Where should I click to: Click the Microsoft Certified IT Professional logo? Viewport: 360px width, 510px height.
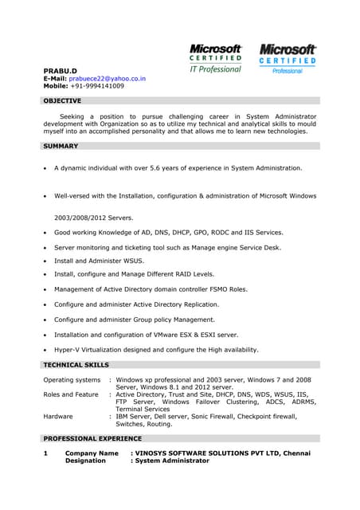point(216,58)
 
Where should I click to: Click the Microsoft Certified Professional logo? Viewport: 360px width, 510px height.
point(287,59)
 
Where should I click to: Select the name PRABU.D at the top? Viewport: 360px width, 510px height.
point(60,71)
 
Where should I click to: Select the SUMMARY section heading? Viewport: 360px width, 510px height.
point(61,147)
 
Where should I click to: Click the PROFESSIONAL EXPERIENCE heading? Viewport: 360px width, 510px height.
point(92,438)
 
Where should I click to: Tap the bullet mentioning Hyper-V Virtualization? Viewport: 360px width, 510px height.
point(156,349)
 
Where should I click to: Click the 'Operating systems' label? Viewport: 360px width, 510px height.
point(72,380)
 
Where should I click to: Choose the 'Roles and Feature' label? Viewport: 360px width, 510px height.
point(71,394)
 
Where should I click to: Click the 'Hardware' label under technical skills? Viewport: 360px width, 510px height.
point(58,416)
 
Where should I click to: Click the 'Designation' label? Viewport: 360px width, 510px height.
point(85,461)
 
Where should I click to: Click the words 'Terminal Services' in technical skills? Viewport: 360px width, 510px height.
point(149,409)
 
